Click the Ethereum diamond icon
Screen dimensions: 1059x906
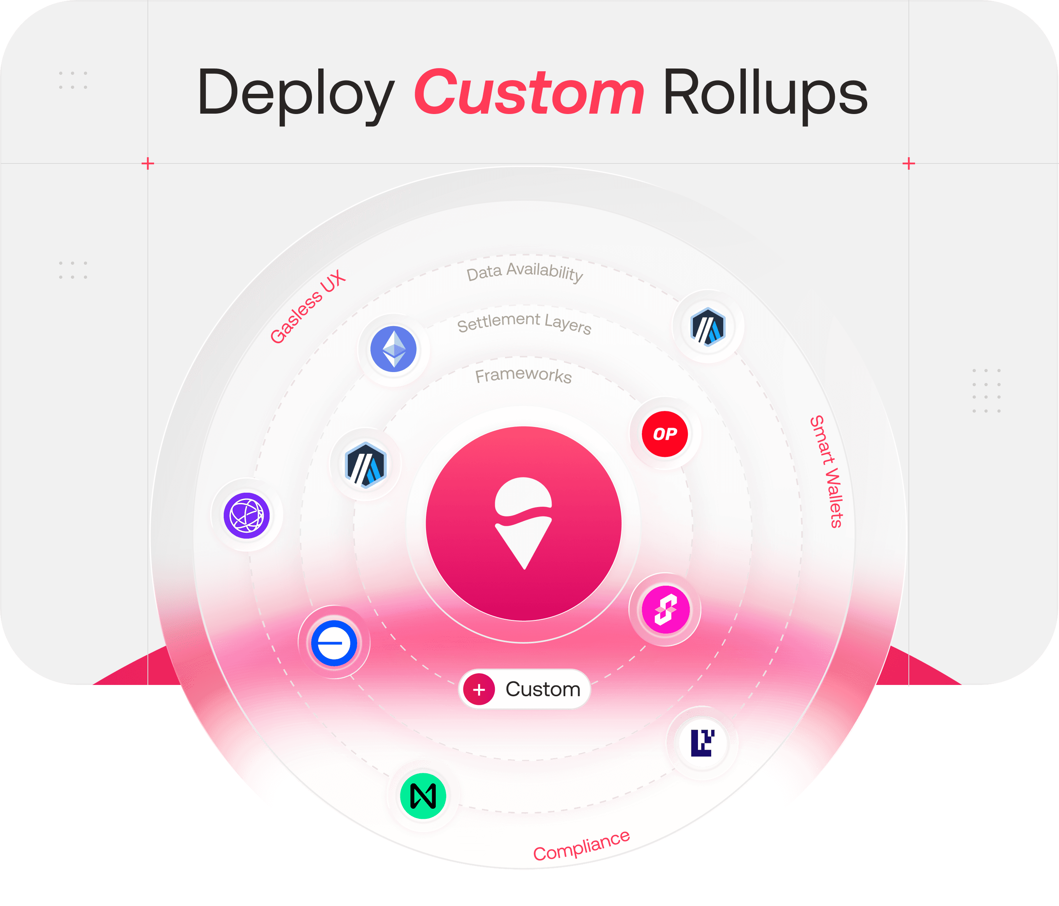tap(394, 349)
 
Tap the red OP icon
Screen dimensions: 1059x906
tap(665, 434)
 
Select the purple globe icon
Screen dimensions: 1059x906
tap(247, 515)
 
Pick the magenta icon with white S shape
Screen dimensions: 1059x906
tap(665, 610)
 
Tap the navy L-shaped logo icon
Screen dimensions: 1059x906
tap(702, 743)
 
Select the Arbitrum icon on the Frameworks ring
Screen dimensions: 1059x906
tap(365, 465)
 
